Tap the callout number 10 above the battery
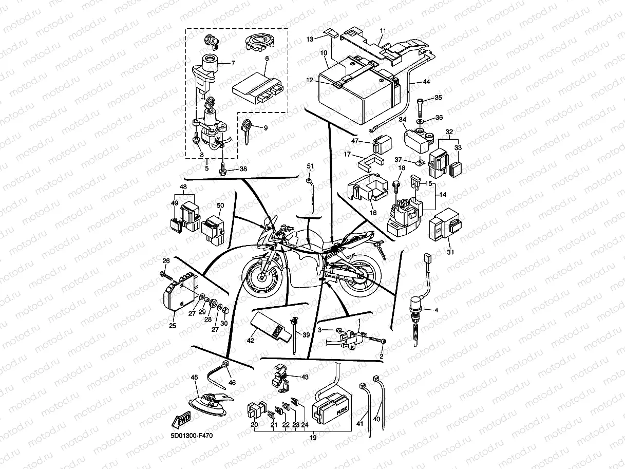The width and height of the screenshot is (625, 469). coord(324,53)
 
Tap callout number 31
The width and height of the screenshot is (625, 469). coord(450,252)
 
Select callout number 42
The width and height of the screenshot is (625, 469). coord(251,340)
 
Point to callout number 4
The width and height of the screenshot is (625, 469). coord(437,310)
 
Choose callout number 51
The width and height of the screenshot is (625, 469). coord(310,165)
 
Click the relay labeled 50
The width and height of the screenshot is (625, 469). coord(214,228)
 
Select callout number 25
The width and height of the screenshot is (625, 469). coord(172,326)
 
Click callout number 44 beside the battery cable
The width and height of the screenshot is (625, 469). coord(427,82)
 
